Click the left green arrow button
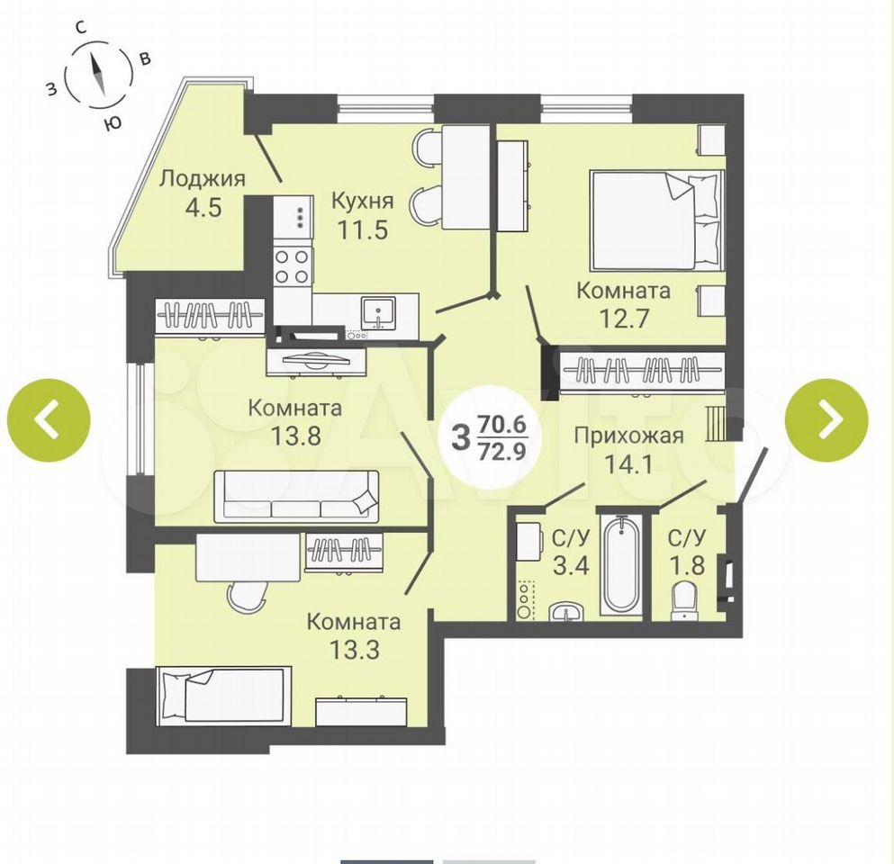point(49,420)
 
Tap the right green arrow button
point(826,420)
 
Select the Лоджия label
point(202,179)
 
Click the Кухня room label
point(363,202)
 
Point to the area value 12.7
point(623,318)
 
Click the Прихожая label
point(628,436)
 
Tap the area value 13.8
point(295,436)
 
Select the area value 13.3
point(354,649)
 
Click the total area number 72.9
point(502,452)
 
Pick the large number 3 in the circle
point(460,437)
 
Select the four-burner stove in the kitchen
point(293,266)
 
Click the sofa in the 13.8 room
point(296,496)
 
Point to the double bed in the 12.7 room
point(655,220)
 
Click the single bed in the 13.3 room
point(223,696)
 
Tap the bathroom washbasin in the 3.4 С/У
point(566,611)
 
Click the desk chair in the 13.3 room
point(247,596)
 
